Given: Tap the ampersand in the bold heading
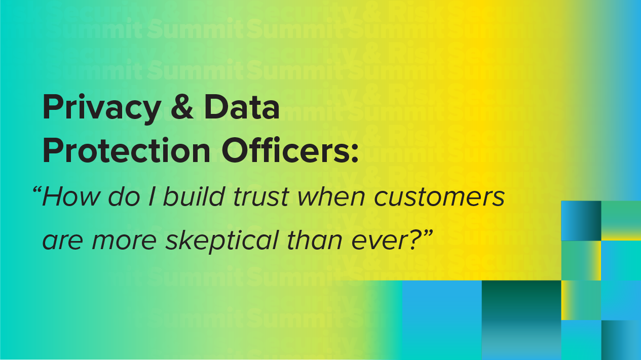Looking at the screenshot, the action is [x=182, y=106].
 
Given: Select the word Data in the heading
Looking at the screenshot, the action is [x=242, y=106].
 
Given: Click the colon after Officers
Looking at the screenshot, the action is [x=355, y=154].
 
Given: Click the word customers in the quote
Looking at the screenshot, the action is [x=439, y=197].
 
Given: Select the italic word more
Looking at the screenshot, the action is [x=124, y=241].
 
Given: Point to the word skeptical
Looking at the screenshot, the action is [x=222, y=241].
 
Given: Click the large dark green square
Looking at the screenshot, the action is [x=521, y=320].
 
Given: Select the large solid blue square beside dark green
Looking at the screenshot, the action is [x=442, y=320].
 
